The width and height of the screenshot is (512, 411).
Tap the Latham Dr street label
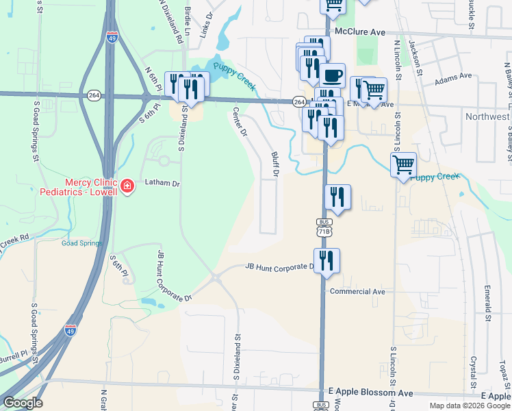tap(162, 184)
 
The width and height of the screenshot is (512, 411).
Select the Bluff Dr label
tap(275, 164)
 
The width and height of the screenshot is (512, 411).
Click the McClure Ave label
tap(360, 32)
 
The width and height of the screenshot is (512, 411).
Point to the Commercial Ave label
tap(357, 291)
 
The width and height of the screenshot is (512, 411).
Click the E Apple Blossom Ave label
tap(370, 393)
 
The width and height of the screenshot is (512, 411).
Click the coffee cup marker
tap(333, 75)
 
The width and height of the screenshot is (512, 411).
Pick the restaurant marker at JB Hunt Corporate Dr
tap(327, 260)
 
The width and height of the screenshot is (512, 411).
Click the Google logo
tap(23, 403)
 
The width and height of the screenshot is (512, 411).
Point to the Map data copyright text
tap(469, 406)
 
